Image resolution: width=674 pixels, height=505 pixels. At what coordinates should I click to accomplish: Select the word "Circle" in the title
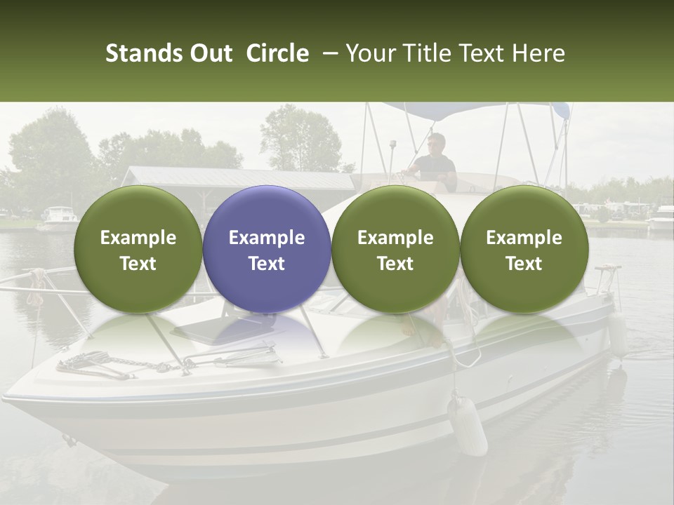277,53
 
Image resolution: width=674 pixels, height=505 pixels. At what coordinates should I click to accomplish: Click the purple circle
267,250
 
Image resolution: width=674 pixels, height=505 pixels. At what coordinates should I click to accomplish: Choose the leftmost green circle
138,250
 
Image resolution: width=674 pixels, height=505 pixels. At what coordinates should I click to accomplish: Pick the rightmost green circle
524,250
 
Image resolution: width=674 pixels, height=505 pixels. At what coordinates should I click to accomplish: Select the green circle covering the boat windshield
395,250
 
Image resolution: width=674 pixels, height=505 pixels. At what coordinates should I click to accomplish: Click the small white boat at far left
59,218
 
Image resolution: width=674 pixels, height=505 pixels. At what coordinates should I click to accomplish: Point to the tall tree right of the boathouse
302,137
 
